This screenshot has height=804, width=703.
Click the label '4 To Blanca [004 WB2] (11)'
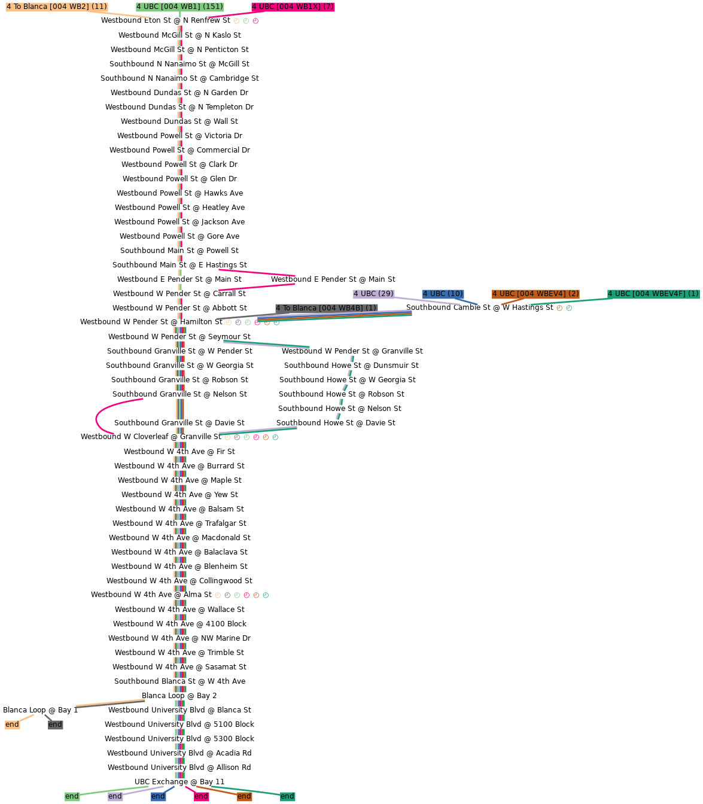coord(57,7)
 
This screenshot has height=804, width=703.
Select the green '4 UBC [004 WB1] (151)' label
coord(179,7)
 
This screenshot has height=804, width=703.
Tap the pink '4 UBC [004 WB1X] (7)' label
coord(293,7)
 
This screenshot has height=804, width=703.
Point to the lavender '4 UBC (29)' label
coord(373,294)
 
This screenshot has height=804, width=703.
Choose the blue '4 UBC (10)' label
coord(443,294)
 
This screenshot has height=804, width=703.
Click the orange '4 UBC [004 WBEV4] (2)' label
coord(535,294)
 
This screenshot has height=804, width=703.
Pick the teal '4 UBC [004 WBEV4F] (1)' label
coord(653,294)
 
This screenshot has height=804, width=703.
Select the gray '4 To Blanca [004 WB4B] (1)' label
coord(326,309)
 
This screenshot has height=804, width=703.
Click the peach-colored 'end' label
coord(12,725)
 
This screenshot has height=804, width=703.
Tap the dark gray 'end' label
coord(55,725)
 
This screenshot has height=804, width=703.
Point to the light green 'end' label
coord(72,797)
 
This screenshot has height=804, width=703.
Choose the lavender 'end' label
coord(115,797)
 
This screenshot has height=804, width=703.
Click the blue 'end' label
coord(158,797)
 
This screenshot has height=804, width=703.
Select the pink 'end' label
coord(201,797)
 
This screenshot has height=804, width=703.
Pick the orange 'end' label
coord(244,797)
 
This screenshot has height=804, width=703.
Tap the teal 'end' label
coord(287,797)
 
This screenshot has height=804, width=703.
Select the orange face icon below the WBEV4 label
coord(559,309)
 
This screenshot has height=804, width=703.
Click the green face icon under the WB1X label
coord(246,22)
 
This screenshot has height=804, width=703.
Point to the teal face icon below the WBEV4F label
coord(569,309)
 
